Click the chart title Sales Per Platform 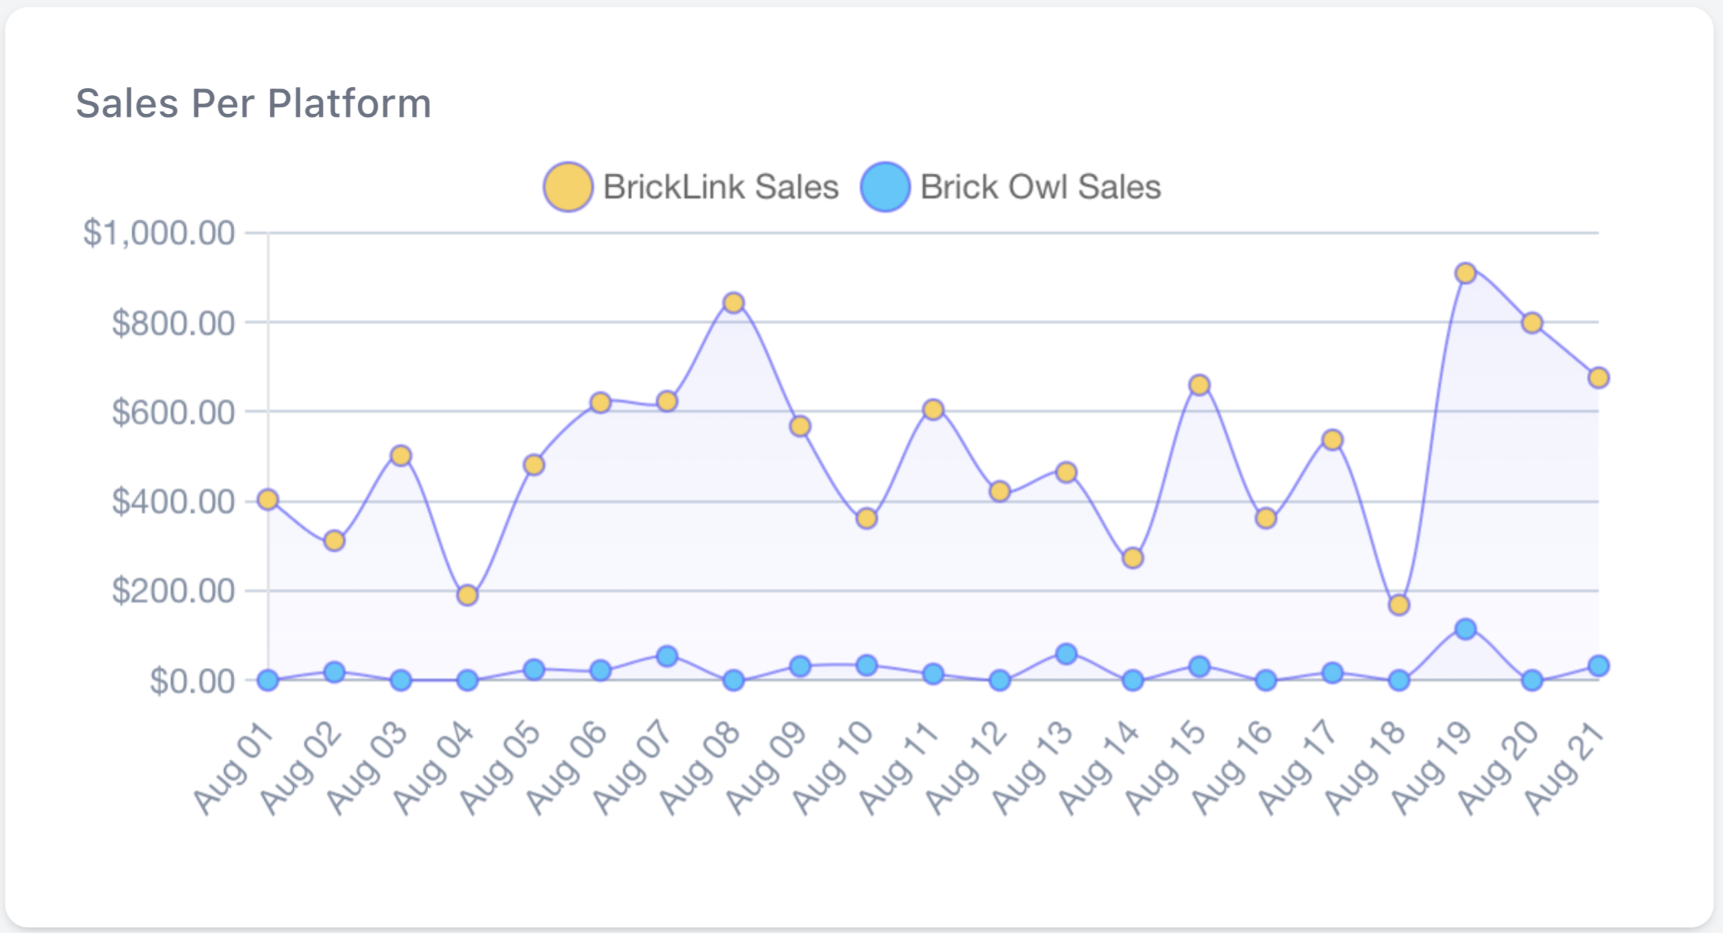coord(253,104)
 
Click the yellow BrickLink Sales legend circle coord(568,187)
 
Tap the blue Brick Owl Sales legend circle coord(885,187)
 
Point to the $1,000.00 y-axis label coord(159,233)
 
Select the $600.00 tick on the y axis coord(173,411)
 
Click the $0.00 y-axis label coord(192,681)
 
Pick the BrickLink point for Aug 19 coord(1465,273)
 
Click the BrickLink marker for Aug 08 coord(733,303)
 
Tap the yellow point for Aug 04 coord(468,595)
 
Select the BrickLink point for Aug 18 coord(1399,605)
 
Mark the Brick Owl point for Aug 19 coord(1465,629)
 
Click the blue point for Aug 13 coord(1066,654)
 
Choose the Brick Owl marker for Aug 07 coord(667,656)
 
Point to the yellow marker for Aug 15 coord(1200,385)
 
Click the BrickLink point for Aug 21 coord(1598,378)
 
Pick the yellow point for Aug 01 coord(268,499)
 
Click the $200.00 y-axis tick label coord(173,591)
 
